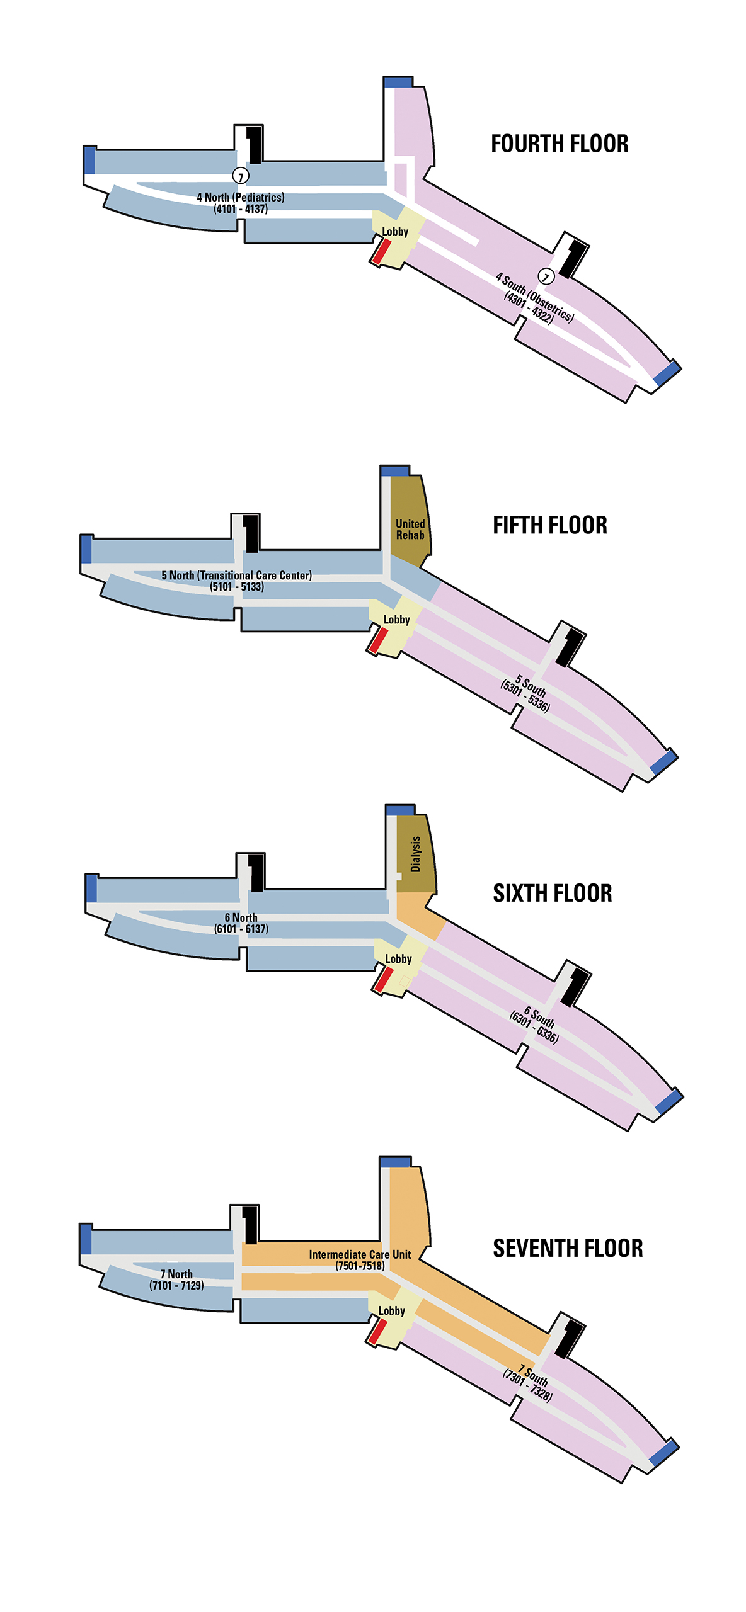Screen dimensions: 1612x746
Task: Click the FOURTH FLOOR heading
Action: pos(559,144)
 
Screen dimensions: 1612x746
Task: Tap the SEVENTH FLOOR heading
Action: pos(568,1248)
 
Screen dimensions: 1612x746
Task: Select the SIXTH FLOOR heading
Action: pos(552,893)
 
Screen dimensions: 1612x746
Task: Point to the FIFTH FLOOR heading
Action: pos(550,525)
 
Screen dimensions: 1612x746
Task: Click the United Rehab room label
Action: pos(410,530)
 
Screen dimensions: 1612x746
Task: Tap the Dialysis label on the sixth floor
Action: pos(415,854)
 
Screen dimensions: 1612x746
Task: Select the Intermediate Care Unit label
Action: pos(360,1254)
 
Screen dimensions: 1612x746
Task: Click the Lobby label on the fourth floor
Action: pos(395,232)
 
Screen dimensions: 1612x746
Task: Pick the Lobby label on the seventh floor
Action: pos(391,1310)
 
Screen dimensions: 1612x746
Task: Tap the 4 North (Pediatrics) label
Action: pos(241,197)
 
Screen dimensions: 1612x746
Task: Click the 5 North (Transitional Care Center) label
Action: pos(236,575)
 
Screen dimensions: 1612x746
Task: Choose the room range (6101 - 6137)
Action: pos(241,929)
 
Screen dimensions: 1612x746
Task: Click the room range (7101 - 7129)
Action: pos(176,1285)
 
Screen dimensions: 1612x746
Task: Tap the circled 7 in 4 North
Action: pos(241,176)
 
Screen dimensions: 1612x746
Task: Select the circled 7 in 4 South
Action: pos(546,276)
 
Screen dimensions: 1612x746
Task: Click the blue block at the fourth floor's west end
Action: pos(89,160)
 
